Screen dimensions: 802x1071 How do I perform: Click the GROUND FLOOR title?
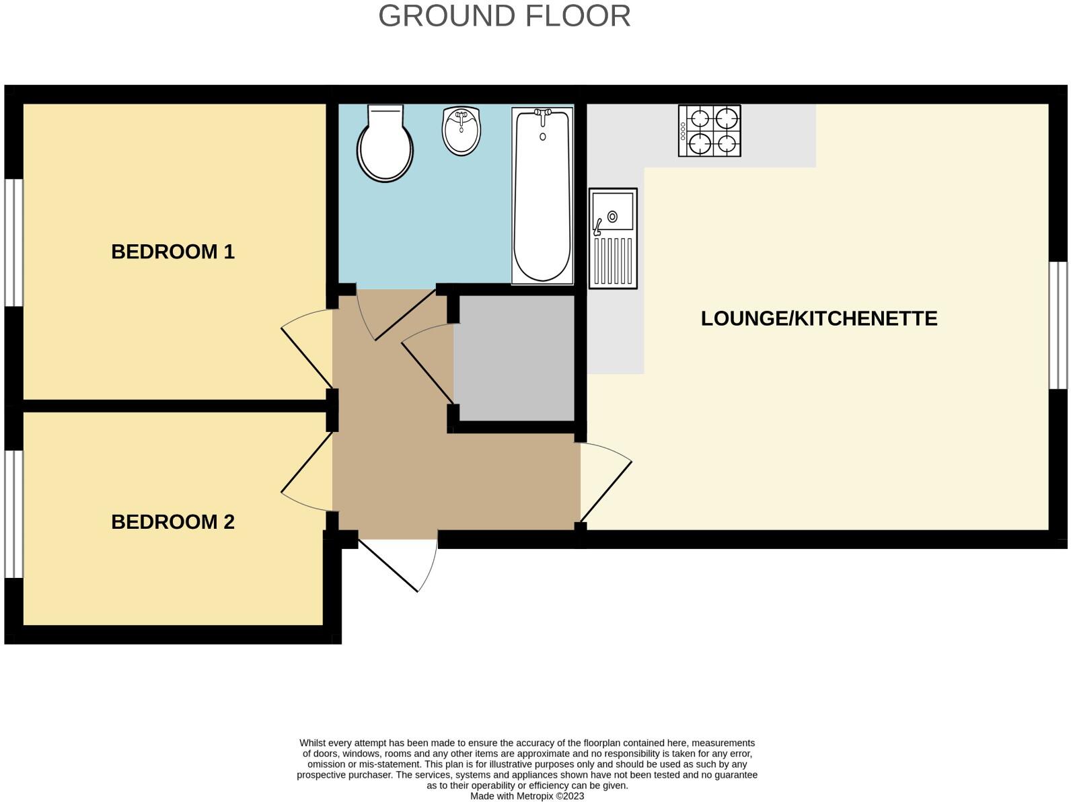(x=504, y=16)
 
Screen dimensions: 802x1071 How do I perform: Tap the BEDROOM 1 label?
(x=173, y=252)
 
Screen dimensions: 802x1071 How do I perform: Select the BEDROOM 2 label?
(x=173, y=522)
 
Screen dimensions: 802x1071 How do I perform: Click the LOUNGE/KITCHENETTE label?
(x=819, y=318)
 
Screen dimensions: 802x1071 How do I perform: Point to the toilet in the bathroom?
(x=385, y=145)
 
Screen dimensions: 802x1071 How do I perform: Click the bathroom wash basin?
(x=461, y=131)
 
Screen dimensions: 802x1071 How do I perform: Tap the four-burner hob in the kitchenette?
(x=709, y=131)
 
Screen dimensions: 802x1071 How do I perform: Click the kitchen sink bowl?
(x=612, y=211)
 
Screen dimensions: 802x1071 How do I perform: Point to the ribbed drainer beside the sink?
(x=612, y=261)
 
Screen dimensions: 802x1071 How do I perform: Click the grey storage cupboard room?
(x=514, y=359)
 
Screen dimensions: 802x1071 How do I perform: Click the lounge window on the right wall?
(x=1058, y=325)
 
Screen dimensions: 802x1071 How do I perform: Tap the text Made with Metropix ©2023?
(x=527, y=796)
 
